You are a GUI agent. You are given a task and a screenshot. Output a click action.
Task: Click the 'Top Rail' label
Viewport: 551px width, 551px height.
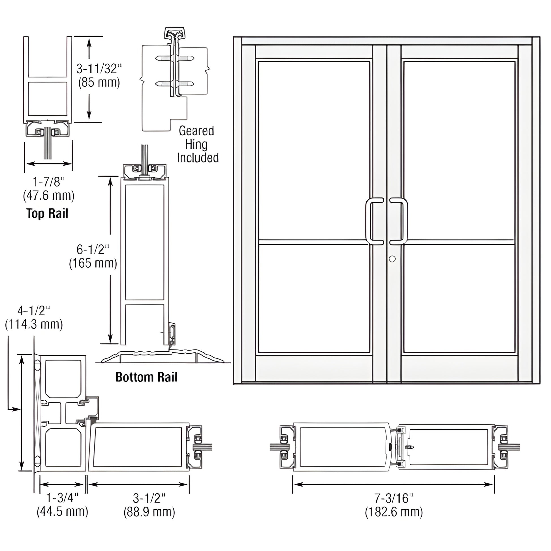(47, 213)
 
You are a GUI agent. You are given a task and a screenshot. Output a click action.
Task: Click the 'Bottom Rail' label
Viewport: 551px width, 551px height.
(146, 377)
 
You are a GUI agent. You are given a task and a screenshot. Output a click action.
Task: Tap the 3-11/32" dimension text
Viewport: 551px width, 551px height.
(99, 69)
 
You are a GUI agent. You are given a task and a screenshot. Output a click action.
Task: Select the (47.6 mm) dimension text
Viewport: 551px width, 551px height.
(48, 196)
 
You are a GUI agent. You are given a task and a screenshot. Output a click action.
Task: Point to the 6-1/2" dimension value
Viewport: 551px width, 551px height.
(93, 249)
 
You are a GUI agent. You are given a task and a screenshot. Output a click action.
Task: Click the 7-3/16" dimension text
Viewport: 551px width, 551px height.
(394, 498)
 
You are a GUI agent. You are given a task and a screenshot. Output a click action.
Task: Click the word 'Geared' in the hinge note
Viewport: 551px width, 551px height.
(196, 131)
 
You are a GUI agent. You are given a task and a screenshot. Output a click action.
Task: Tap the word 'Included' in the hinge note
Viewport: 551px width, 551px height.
(198, 158)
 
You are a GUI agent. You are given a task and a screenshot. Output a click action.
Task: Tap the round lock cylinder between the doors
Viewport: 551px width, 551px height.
(392, 259)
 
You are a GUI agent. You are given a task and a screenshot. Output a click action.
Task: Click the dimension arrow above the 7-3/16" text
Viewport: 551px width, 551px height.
(394, 484)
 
